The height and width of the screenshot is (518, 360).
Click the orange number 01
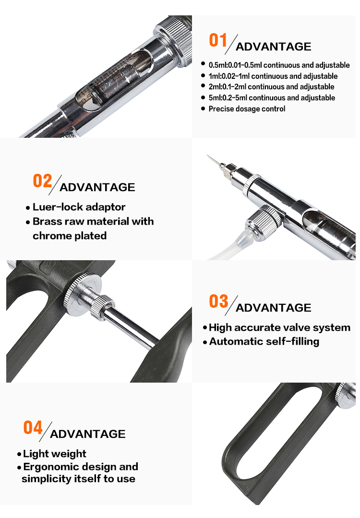[218, 40]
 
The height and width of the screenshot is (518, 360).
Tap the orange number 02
[42, 181]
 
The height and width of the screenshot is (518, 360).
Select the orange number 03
[218, 301]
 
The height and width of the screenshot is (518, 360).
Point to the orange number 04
[33, 427]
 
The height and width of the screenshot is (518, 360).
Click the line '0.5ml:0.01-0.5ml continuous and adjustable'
[279, 65]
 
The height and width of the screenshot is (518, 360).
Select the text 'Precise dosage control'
[247, 108]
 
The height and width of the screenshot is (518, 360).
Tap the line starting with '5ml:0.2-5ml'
[272, 98]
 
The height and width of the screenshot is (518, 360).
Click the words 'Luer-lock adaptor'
[79, 207]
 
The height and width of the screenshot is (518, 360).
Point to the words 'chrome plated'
[69, 236]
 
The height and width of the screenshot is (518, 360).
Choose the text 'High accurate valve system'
[279, 327]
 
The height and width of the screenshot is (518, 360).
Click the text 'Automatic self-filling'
[264, 341]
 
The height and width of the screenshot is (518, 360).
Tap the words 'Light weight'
[55, 454]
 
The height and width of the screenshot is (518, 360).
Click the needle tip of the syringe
[208, 155]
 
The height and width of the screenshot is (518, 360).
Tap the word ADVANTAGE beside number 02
[97, 187]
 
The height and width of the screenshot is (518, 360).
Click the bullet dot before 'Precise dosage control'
[203, 108]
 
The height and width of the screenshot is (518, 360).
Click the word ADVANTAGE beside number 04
[87, 434]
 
